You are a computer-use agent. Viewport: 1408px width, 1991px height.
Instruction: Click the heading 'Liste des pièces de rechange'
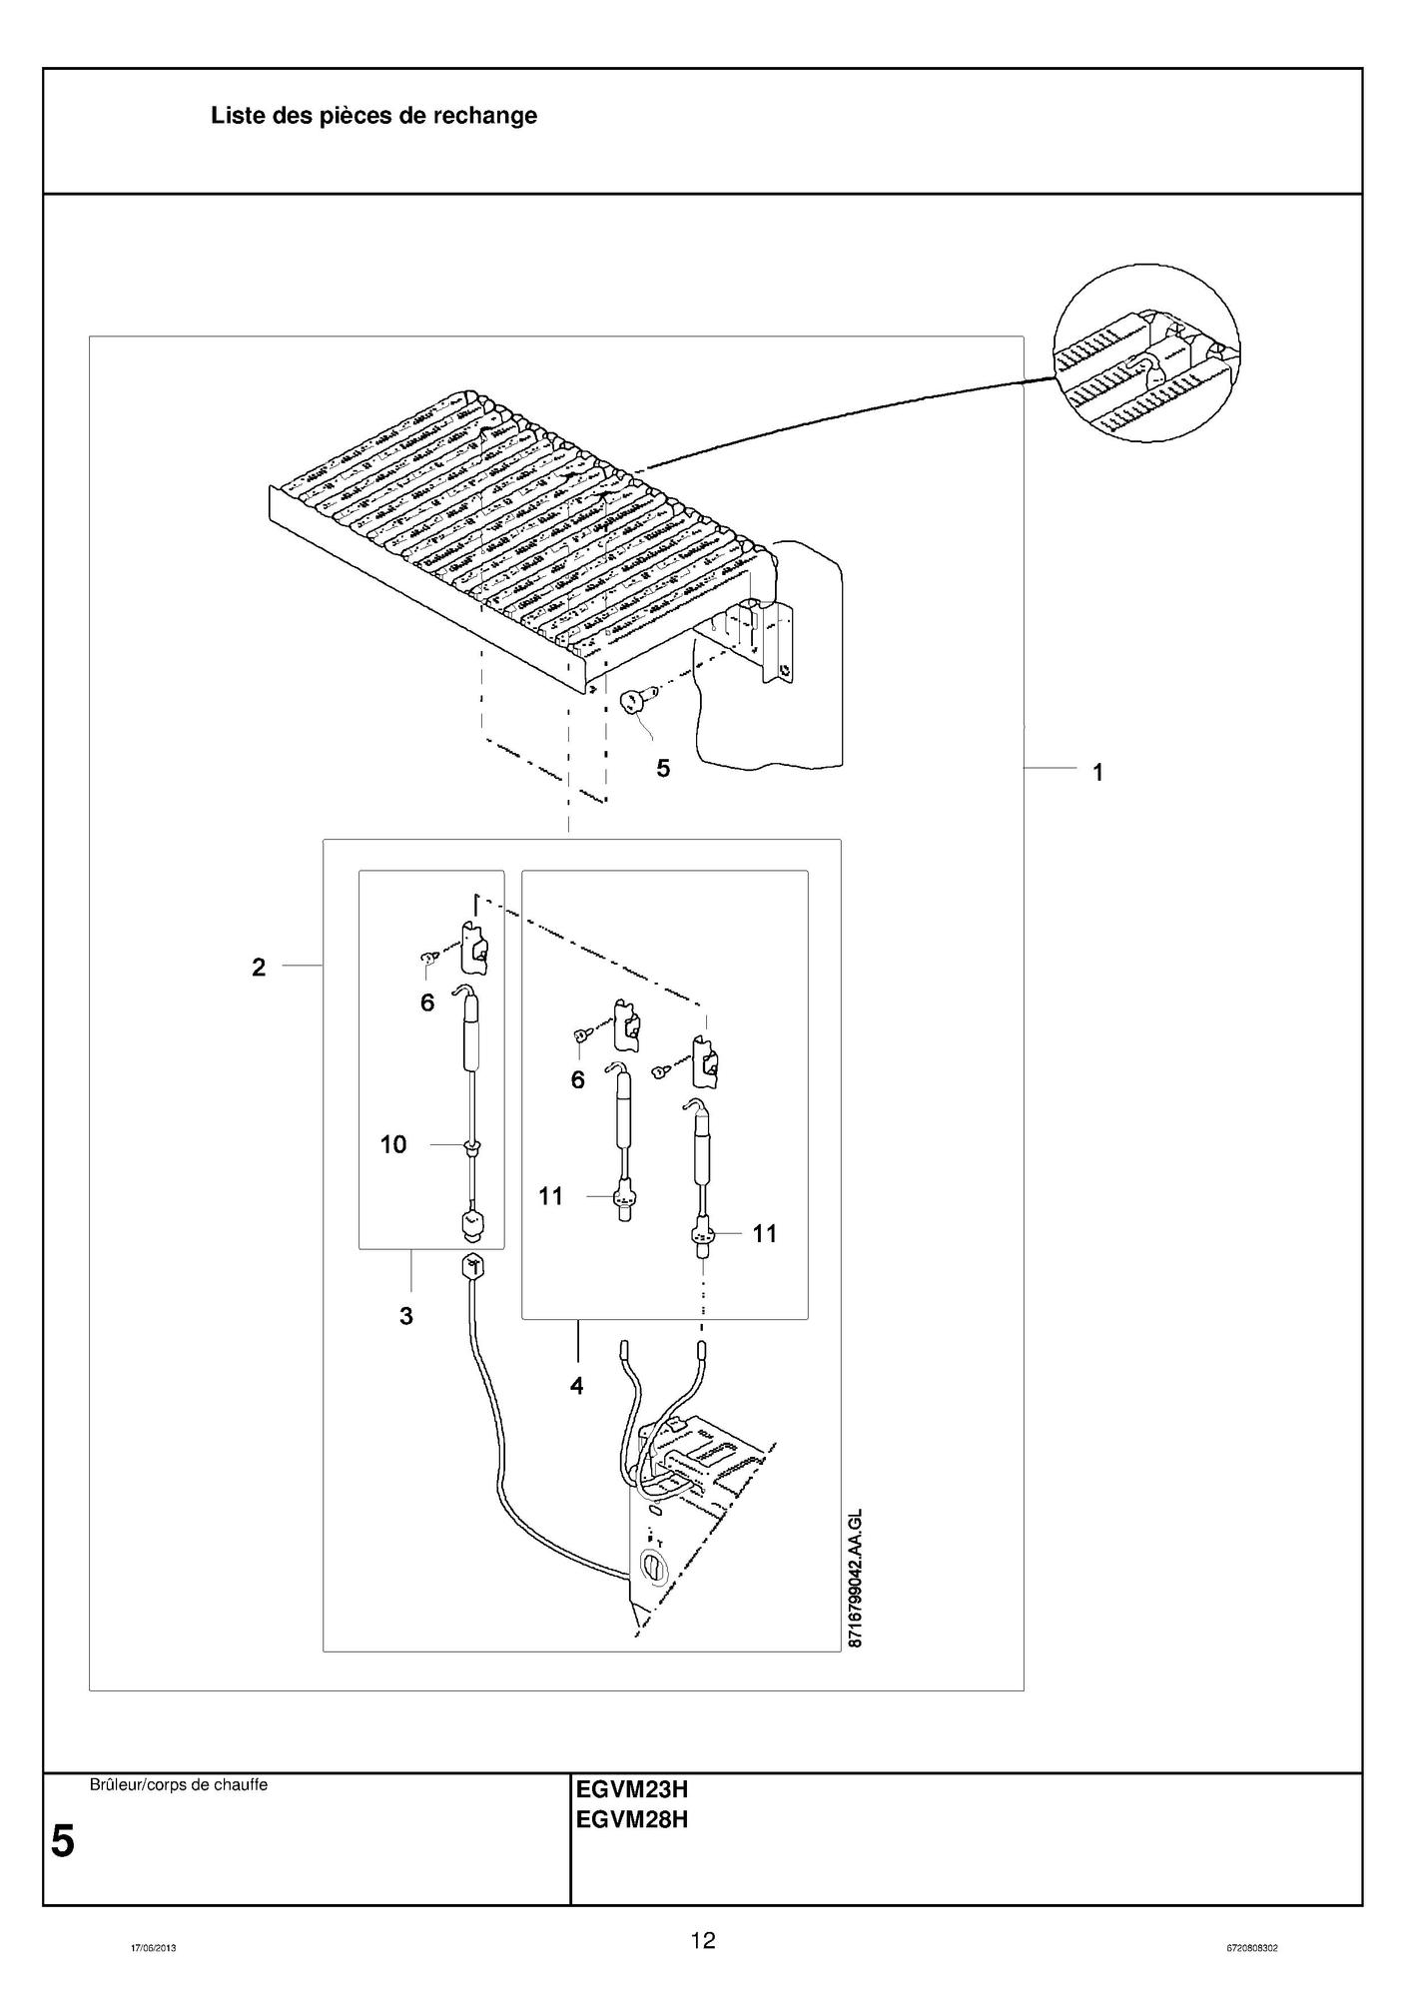[x=373, y=116]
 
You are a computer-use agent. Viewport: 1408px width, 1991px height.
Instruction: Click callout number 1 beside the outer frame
[x=1097, y=772]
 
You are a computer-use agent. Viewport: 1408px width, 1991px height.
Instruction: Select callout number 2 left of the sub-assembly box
[x=259, y=967]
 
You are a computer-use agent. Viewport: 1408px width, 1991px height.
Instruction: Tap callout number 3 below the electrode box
[x=405, y=1316]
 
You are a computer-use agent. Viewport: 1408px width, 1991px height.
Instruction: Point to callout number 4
[x=576, y=1385]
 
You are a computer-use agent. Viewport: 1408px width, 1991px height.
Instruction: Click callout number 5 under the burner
[x=663, y=768]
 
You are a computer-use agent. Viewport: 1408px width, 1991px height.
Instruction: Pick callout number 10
[x=393, y=1144]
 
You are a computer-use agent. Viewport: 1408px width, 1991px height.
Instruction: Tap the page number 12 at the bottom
[x=703, y=1940]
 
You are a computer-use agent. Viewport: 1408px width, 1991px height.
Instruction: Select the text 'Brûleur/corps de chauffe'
[x=179, y=1784]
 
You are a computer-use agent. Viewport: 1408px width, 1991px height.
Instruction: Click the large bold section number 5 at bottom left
[x=62, y=1841]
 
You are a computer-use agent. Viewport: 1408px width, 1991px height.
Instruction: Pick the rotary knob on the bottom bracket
[x=651, y=1569]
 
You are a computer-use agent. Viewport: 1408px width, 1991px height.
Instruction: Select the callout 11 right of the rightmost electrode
[x=764, y=1234]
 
